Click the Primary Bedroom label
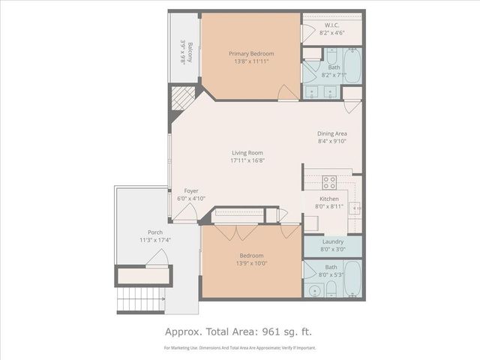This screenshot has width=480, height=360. pyautogui.click(x=251, y=53)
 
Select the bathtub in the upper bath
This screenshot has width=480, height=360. pyautogui.click(x=350, y=63)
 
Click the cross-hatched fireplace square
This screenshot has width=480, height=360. pyautogui.click(x=182, y=98)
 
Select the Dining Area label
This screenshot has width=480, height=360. pyautogui.click(x=332, y=133)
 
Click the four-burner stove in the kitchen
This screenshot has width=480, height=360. pyautogui.click(x=329, y=181)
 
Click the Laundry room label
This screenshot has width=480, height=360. pyautogui.click(x=332, y=241)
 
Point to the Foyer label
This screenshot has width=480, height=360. pyautogui.click(x=185, y=191)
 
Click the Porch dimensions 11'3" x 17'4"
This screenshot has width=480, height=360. pyautogui.click(x=154, y=240)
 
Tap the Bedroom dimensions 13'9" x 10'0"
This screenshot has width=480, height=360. pyautogui.click(x=251, y=263)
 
